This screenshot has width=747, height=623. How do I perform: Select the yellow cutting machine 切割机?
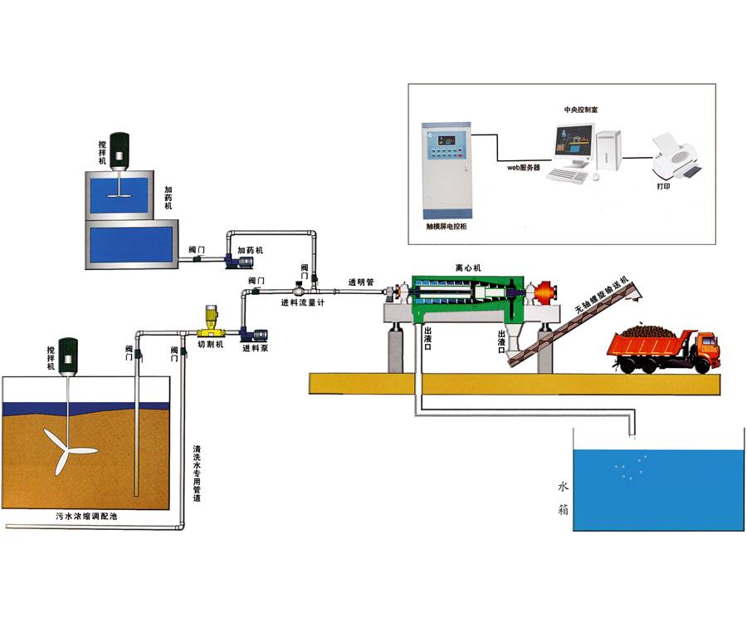[x=212, y=319]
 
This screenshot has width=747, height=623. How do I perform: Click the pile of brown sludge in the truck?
[x=648, y=331]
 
